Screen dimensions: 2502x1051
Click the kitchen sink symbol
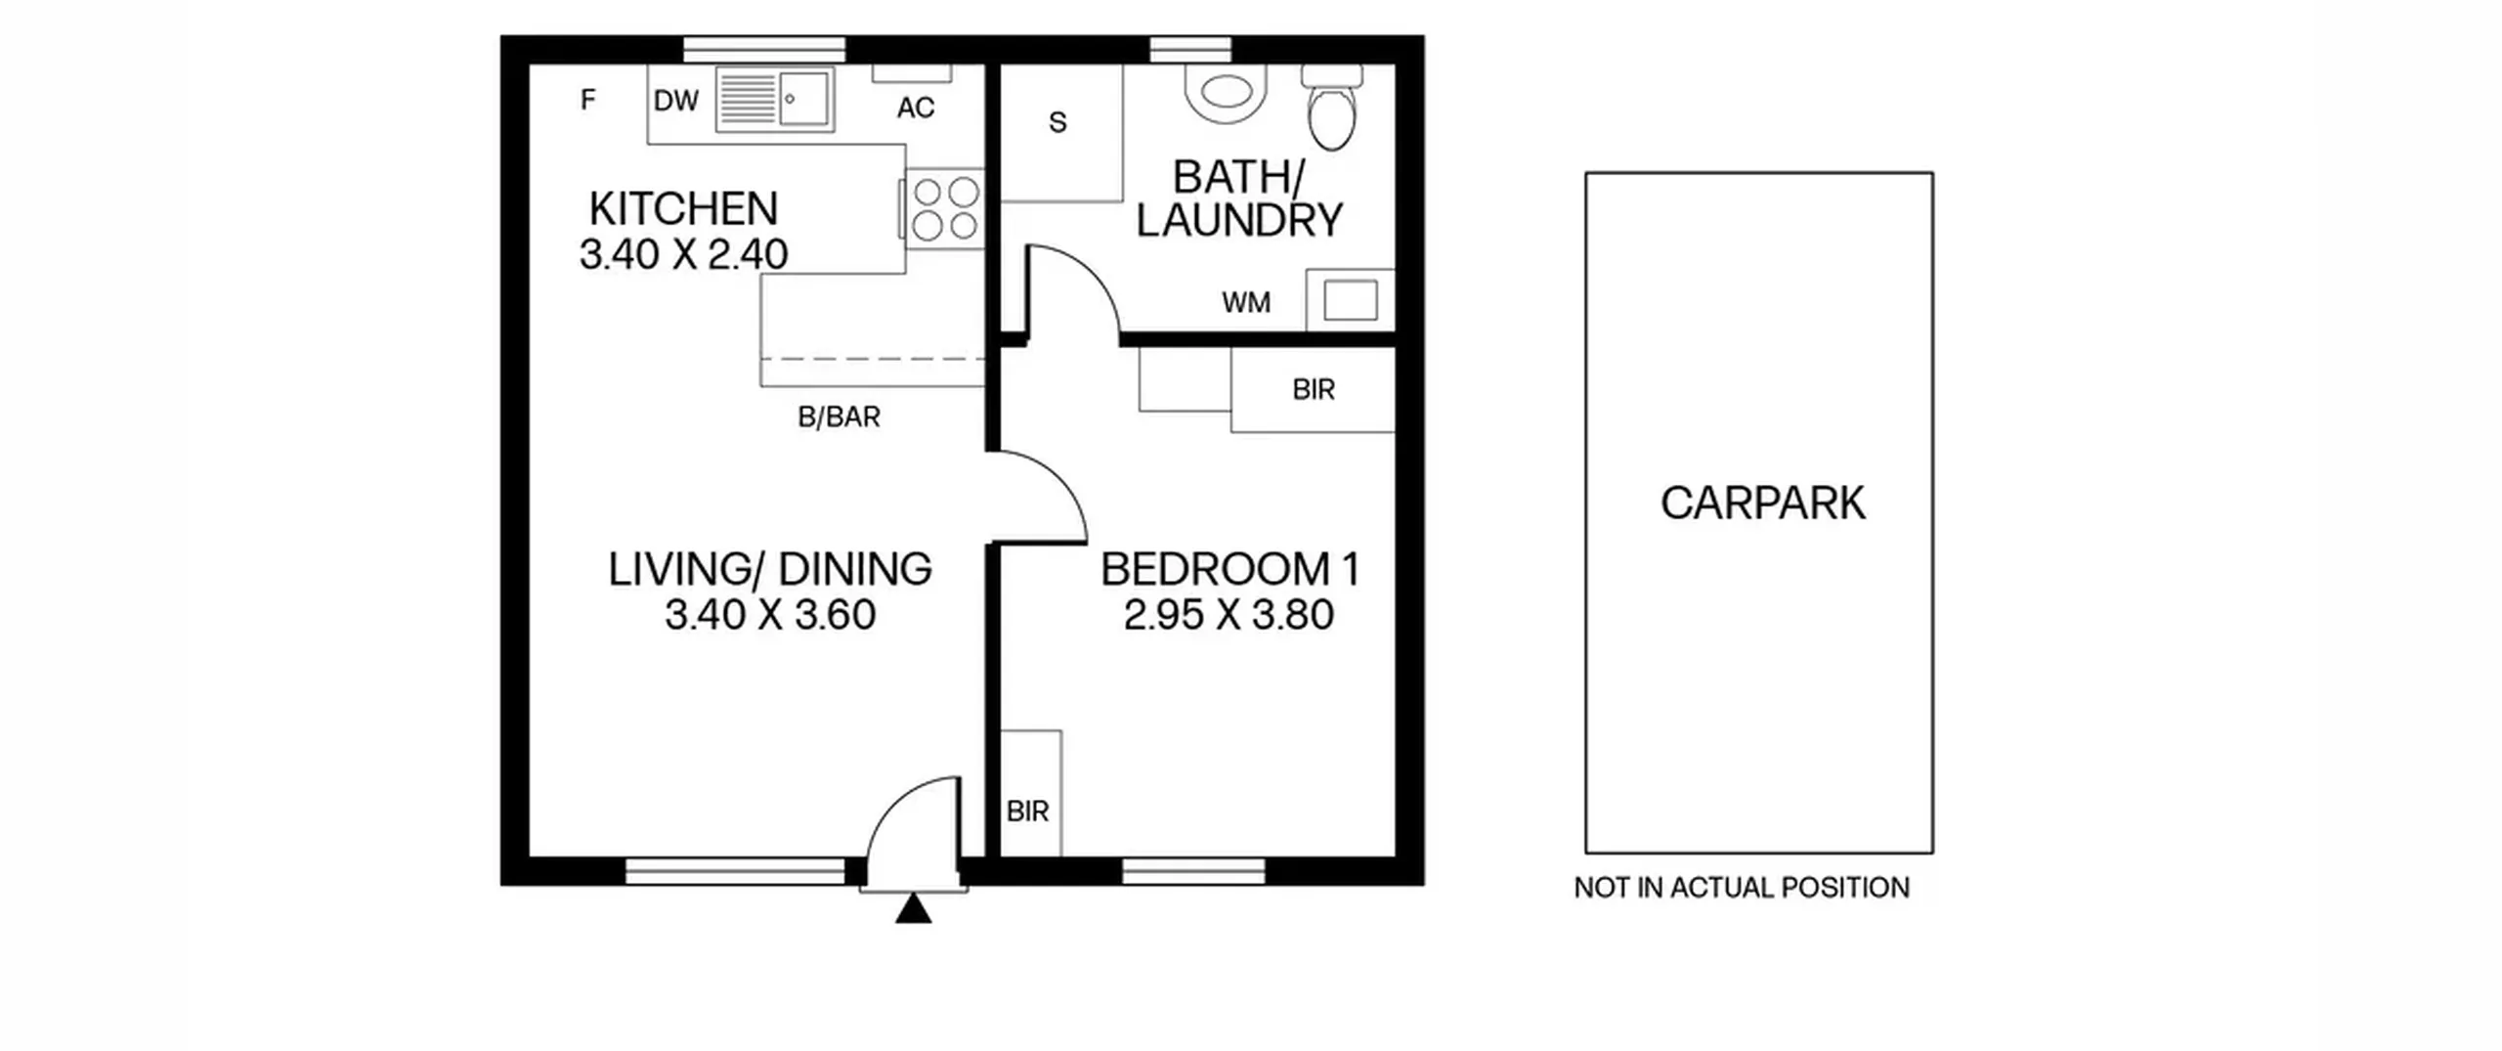[x=775, y=99]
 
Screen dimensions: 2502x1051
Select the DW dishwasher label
[x=676, y=101]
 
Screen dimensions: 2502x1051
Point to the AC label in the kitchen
[x=916, y=108]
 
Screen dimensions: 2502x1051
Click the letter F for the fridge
[x=587, y=100]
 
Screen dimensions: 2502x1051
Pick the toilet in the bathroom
[x=1331, y=108]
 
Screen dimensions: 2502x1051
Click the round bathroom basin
[x=1226, y=93]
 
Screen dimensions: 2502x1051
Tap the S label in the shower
[x=1057, y=122]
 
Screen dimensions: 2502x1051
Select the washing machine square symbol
[x=1351, y=300]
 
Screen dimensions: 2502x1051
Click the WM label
[x=1246, y=303]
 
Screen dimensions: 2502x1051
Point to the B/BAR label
[x=839, y=417]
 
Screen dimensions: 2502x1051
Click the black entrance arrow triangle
[x=914, y=908]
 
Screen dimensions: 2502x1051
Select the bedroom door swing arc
[x=1058, y=479]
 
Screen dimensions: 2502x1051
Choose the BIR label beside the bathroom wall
[x=1314, y=390]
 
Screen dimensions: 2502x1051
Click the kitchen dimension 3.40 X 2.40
[x=683, y=254]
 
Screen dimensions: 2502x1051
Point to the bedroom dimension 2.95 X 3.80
[x=1229, y=615]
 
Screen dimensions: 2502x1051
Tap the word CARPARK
[x=1763, y=504]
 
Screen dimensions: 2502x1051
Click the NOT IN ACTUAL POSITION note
[x=1742, y=888]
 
